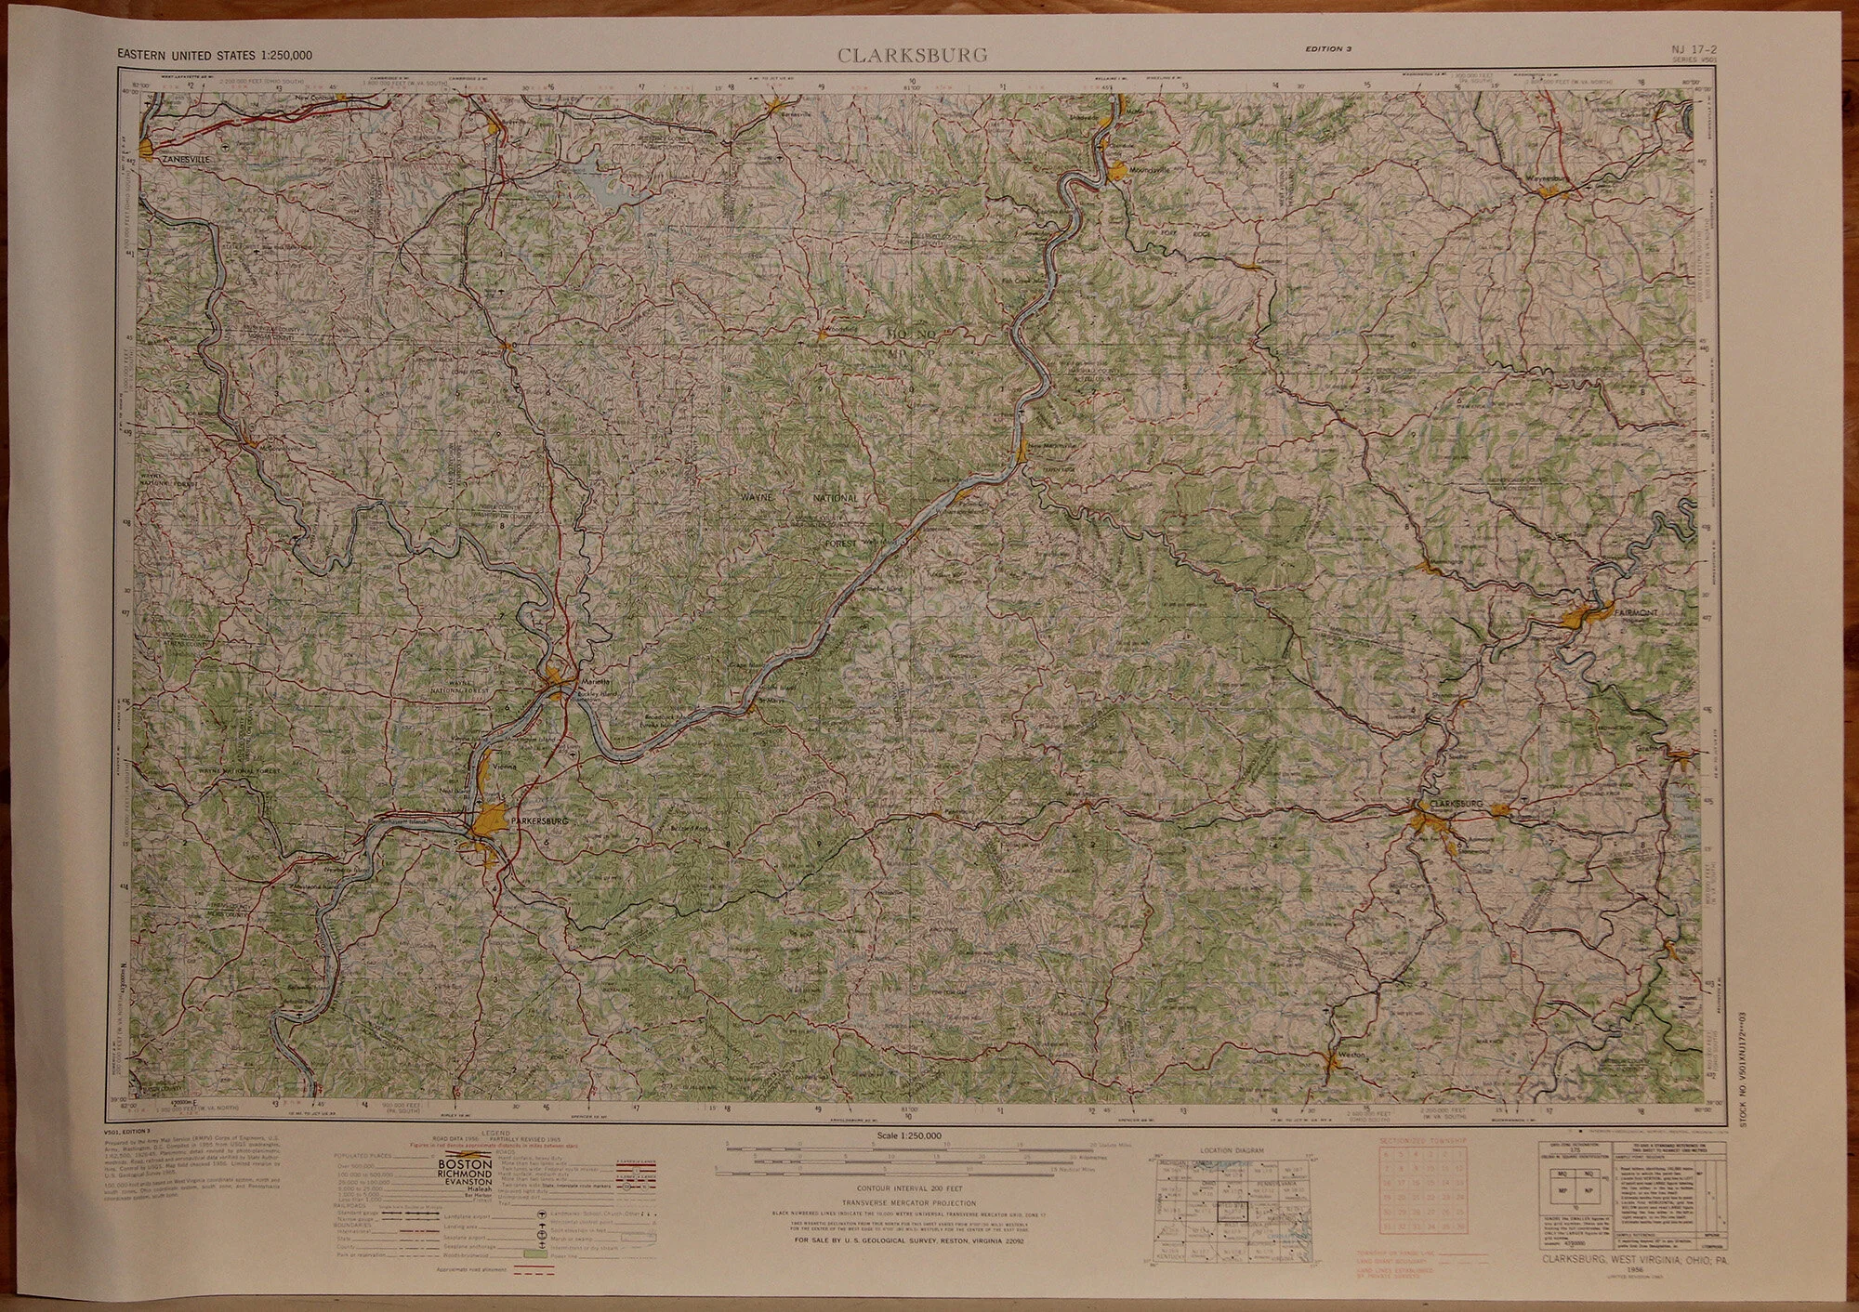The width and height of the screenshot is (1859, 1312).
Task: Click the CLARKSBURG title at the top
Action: pos(912,56)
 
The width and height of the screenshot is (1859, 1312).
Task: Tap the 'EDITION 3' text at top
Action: pos(1327,50)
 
